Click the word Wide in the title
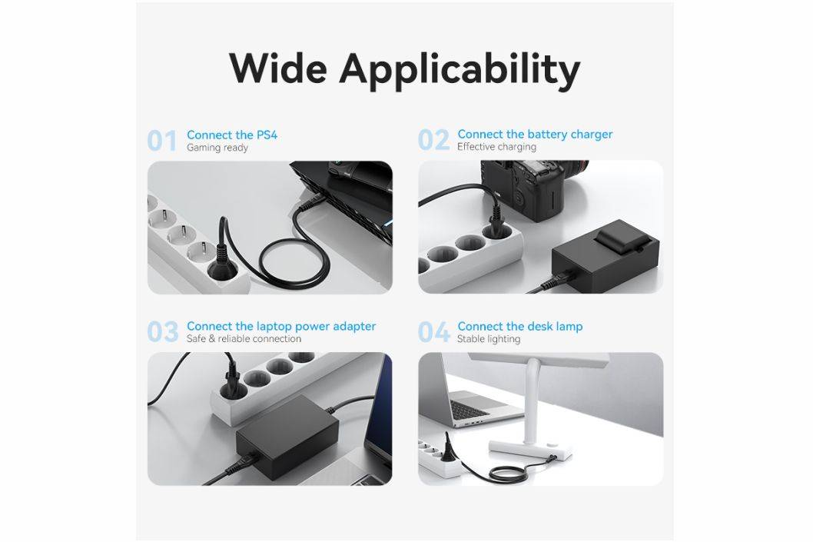click(278, 68)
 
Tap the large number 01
click(162, 141)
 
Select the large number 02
click(434, 140)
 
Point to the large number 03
click(163, 332)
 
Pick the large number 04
click(434, 332)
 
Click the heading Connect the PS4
click(232, 135)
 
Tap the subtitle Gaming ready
click(217, 148)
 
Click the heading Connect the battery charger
click(535, 135)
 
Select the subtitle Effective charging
click(496, 147)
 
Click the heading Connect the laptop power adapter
click(281, 326)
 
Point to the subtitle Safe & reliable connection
click(244, 339)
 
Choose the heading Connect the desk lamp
click(520, 326)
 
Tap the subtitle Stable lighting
click(489, 339)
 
